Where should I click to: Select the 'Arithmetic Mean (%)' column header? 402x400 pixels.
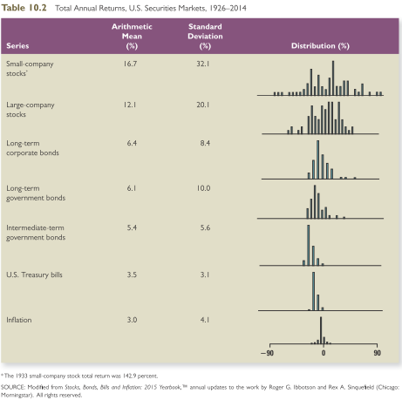pyautogui.click(x=131, y=36)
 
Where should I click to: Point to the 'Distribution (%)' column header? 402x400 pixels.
pyautogui.click(x=320, y=45)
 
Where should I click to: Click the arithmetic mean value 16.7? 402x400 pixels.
pyautogui.click(x=132, y=64)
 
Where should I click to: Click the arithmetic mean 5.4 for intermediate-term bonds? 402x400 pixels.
pyautogui.click(x=132, y=227)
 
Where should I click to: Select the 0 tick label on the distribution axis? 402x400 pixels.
pyautogui.click(x=323, y=354)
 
